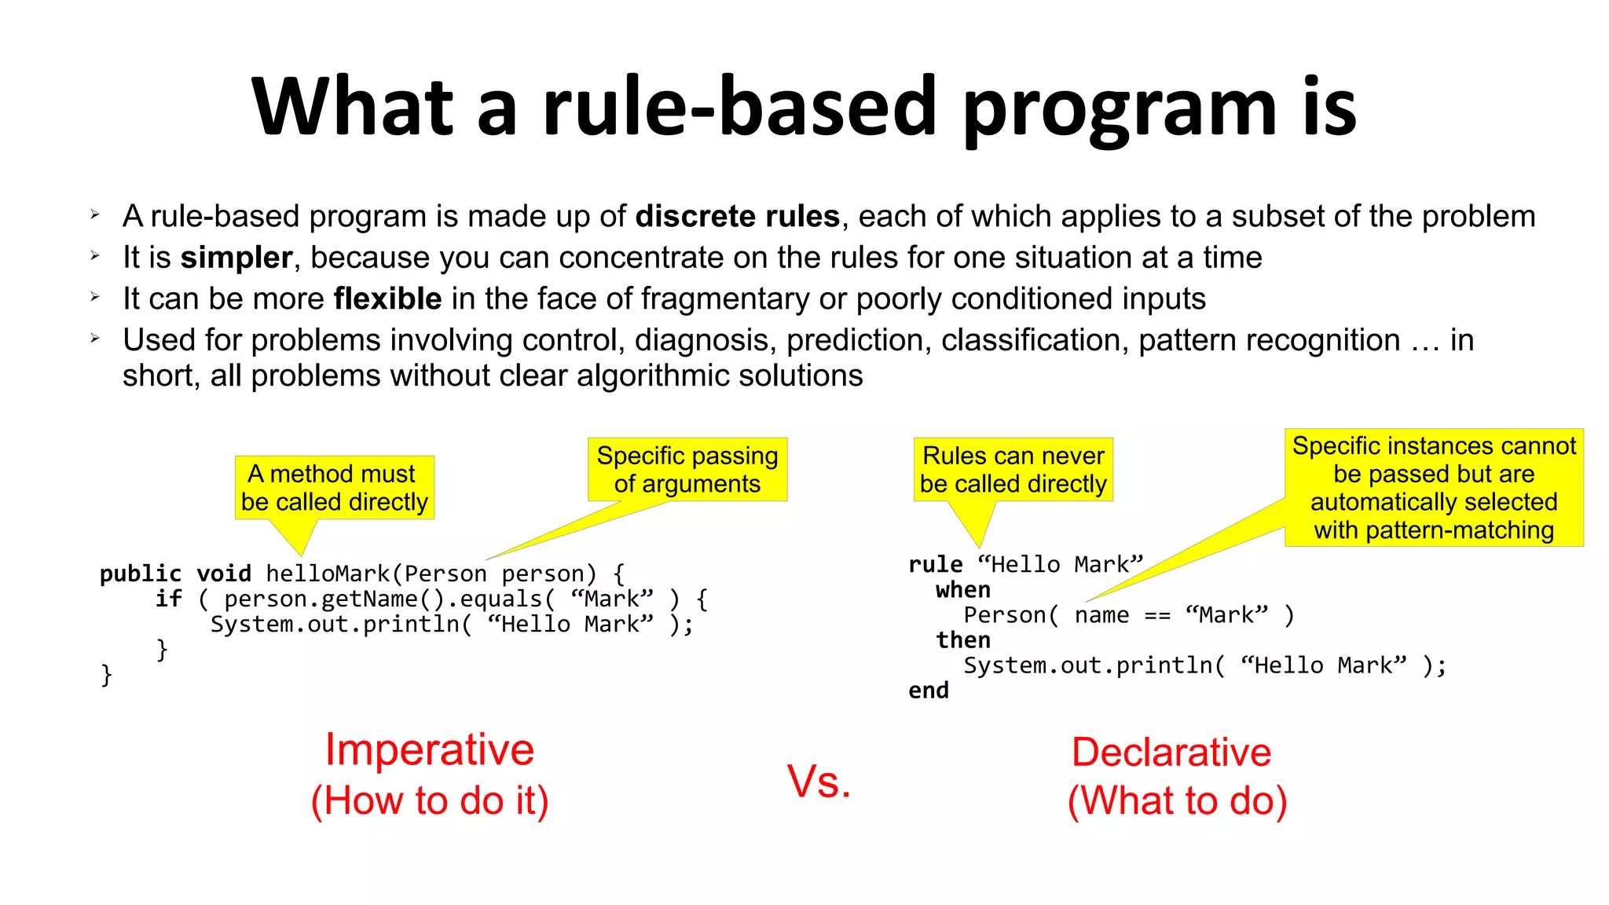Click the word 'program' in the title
1120,110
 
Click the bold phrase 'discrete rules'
737,217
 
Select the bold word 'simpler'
236,258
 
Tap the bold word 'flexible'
387,299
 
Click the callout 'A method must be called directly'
335,488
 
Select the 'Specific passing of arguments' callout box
687,470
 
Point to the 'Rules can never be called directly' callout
1013,470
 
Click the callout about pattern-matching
1434,488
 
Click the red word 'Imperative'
430,749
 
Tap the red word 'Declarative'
1171,753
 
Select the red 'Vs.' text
819,782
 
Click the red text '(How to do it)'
430,801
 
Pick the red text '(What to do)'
1177,801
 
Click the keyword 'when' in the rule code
962,590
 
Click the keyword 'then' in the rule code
962,640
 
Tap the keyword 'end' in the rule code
928,691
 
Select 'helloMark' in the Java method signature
328,574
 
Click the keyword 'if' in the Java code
168,599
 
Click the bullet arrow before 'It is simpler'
95,256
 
